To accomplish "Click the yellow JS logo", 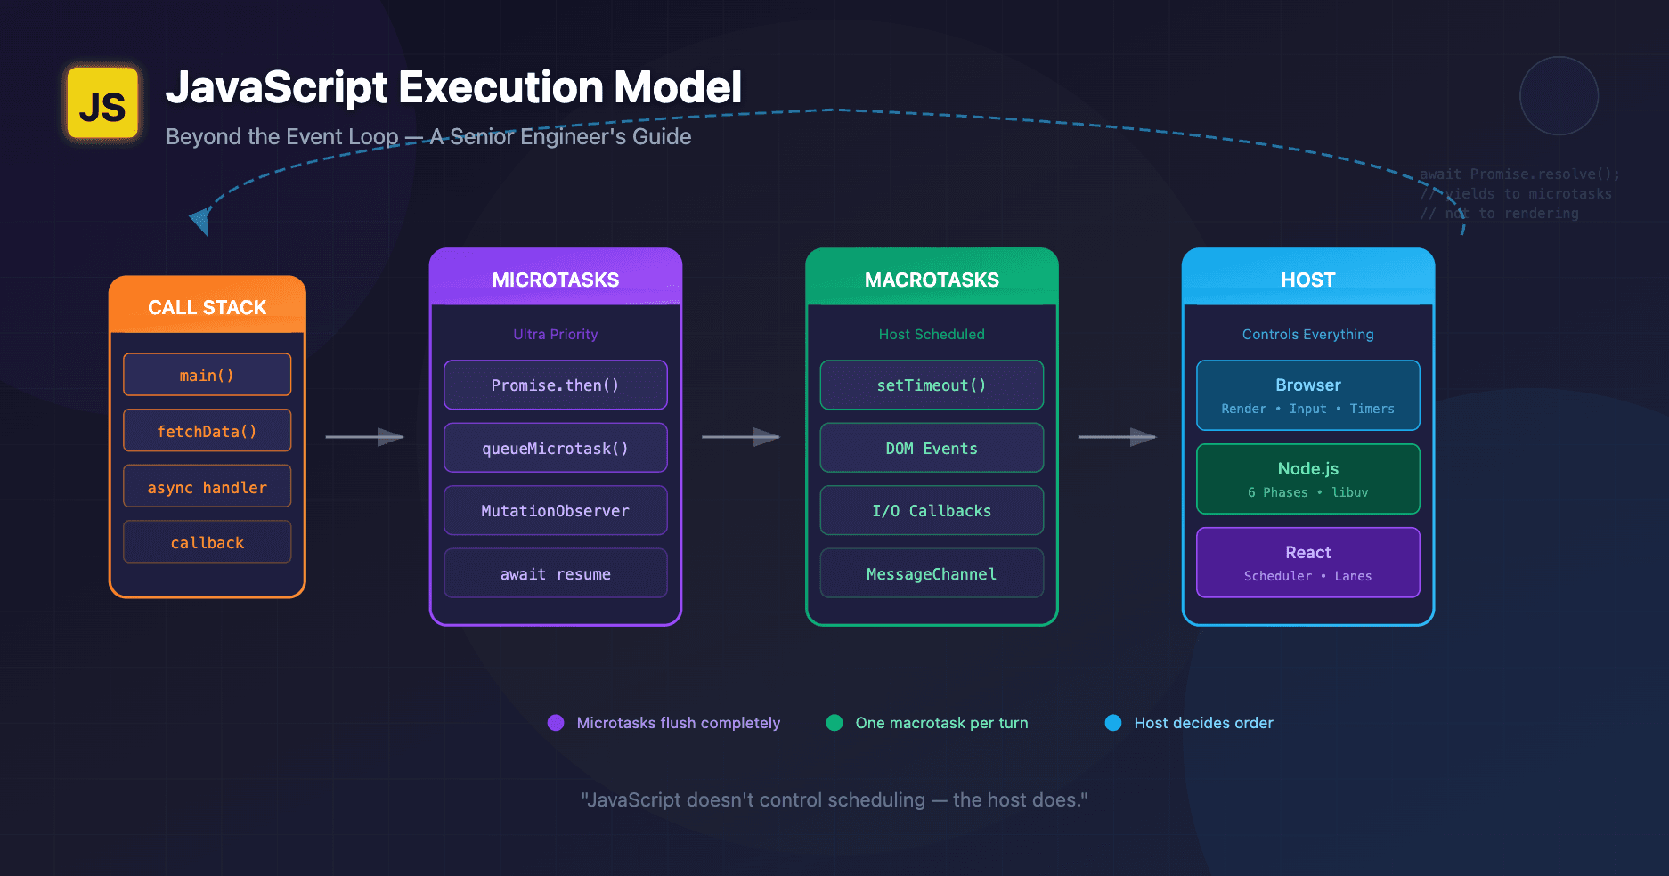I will pyautogui.click(x=103, y=103).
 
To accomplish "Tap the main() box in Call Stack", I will pyautogui.click(x=207, y=375).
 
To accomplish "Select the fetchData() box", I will pyautogui.click(x=207, y=431).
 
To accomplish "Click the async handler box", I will pyautogui.click(x=207, y=487).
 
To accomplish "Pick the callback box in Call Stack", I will pyautogui.click(x=207, y=542).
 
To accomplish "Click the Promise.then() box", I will pyautogui.click(x=555, y=385).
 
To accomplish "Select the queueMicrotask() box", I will pyautogui.click(x=555, y=448).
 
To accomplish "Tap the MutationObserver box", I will pyautogui.click(x=555, y=510).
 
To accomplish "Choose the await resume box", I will pyautogui.click(x=555, y=573).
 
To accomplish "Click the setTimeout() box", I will pyautogui.click(x=932, y=385).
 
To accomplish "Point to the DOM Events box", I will pyautogui.click(x=932, y=448).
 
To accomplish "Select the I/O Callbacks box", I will pyautogui.click(x=932, y=510).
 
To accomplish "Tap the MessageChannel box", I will pyautogui.click(x=932, y=573).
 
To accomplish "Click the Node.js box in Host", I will pyautogui.click(x=1307, y=479).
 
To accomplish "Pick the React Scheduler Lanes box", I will pyautogui.click(x=1307, y=563).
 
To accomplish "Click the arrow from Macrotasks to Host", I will pyautogui.click(x=1117, y=437).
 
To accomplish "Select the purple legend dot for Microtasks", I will pyautogui.click(x=556, y=723).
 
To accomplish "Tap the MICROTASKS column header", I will pyautogui.click(x=555, y=279).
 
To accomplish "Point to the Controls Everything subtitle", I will pyautogui.click(x=1307, y=334).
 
